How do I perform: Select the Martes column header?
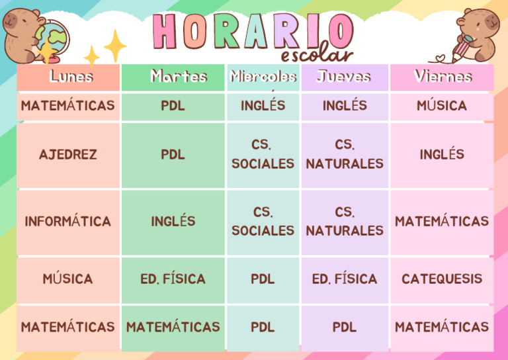[x=173, y=77]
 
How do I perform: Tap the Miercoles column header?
[x=263, y=77]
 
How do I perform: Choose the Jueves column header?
[x=345, y=77]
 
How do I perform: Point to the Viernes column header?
[x=442, y=77]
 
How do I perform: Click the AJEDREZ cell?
[x=68, y=155]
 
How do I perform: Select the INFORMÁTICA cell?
[x=68, y=222]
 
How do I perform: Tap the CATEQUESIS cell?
[x=442, y=279]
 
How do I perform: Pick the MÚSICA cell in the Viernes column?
[x=442, y=106]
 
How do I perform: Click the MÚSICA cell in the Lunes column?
[x=68, y=279]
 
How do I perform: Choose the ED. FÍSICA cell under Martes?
[x=173, y=279]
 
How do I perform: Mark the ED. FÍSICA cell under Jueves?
[x=345, y=279]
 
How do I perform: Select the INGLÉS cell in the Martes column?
[x=173, y=222]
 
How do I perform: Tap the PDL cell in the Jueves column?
[x=345, y=327]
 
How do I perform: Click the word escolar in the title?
[x=317, y=56]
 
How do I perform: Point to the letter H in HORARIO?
[x=165, y=30]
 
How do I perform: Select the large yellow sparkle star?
[x=115, y=45]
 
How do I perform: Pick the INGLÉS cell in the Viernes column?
[x=442, y=155]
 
